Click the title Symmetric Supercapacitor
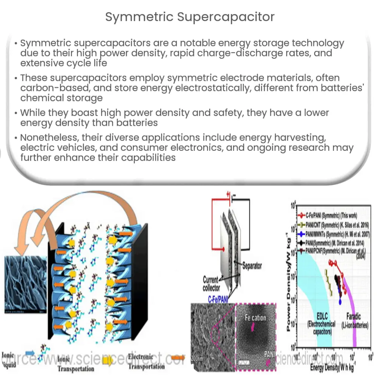click(x=190, y=17)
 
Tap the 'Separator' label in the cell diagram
click(x=252, y=266)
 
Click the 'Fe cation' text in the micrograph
click(x=256, y=317)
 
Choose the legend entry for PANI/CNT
click(x=336, y=225)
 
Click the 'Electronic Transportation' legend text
click(x=147, y=361)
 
